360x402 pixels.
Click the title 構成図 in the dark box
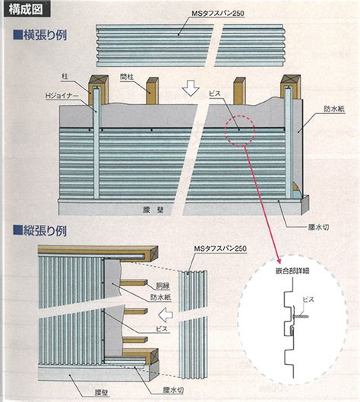[x=25, y=9]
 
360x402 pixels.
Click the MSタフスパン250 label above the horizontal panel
[x=218, y=14]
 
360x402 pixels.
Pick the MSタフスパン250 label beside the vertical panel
[x=220, y=248]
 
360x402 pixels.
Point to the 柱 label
[x=65, y=77]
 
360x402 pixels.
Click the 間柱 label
[x=127, y=77]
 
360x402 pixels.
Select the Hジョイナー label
[x=62, y=96]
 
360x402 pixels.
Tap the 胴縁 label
[x=163, y=286]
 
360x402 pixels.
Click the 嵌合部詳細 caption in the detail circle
[x=292, y=271]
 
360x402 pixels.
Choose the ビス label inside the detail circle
[x=308, y=299]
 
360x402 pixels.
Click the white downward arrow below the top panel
[x=191, y=88]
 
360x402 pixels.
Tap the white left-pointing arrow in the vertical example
[x=166, y=315]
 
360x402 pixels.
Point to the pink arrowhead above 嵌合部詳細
[x=279, y=261]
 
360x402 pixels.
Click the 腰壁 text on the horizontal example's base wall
[x=153, y=210]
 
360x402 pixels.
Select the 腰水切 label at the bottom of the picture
[x=173, y=390]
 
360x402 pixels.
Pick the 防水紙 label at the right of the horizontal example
[x=334, y=109]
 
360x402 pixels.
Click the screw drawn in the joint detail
[x=300, y=316]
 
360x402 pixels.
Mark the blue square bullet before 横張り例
[x=18, y=35]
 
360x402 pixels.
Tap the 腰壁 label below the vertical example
[x=102, y=392]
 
